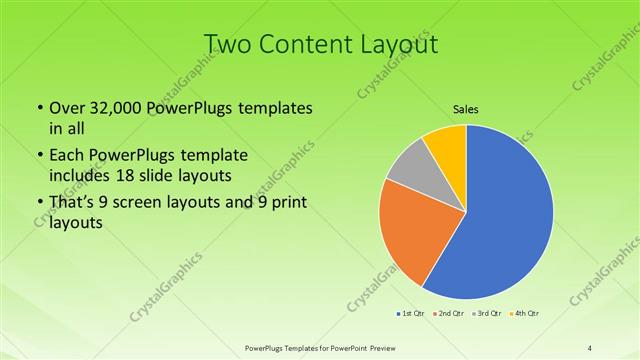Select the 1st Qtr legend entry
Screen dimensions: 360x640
click(x=410, y=314)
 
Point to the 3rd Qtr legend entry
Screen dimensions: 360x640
click(x=488, y=314)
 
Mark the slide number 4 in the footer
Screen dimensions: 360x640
click(x=590, y=348)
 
